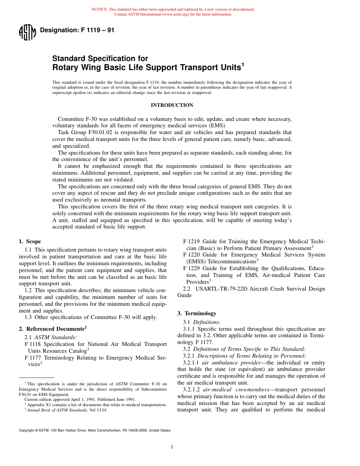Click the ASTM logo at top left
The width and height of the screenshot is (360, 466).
pyautogui.click(x=27, y=33)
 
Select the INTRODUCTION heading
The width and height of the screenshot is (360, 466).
pyautogui.click(x=172, y=105)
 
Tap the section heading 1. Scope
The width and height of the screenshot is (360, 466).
pyautogui.click(x=30, y=241)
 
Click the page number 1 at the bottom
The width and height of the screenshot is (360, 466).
pyautogui.click(x=172, y=447)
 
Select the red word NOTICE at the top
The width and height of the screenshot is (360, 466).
pyautogui.click(x=99, y=9)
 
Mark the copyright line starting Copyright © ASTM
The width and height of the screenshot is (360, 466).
pyautogui.click(x=95, y=430)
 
